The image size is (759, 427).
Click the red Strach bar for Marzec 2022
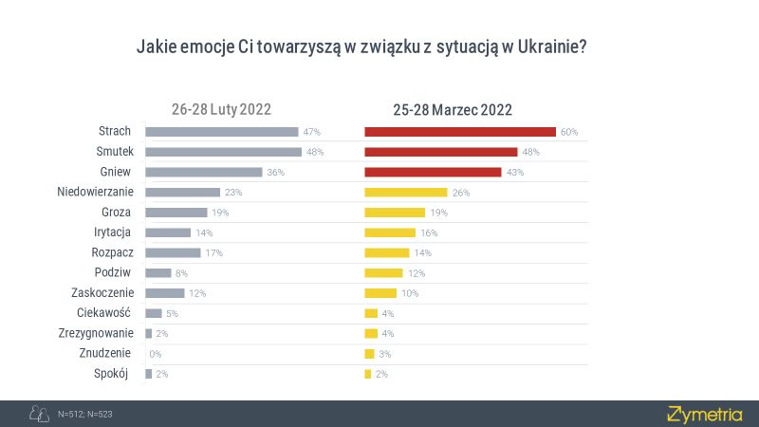(460, 132)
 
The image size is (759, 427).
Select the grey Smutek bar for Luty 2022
(223, 152)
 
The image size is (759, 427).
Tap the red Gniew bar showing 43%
(433, 172)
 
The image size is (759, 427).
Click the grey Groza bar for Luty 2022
(176, 213)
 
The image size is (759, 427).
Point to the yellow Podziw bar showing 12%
(383, 273)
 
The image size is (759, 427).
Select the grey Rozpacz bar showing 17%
(173, 253)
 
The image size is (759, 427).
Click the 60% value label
(569, 132)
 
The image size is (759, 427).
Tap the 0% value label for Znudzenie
(156, 354)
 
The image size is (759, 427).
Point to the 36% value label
(275, 173)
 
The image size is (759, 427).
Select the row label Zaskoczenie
(102, 293)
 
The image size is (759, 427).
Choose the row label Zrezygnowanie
(97, 333)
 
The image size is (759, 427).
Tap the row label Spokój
(117, 373)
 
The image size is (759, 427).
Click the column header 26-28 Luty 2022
(221, 109)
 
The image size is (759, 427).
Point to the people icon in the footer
(39, 414)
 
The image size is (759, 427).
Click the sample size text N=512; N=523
(85, 415)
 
